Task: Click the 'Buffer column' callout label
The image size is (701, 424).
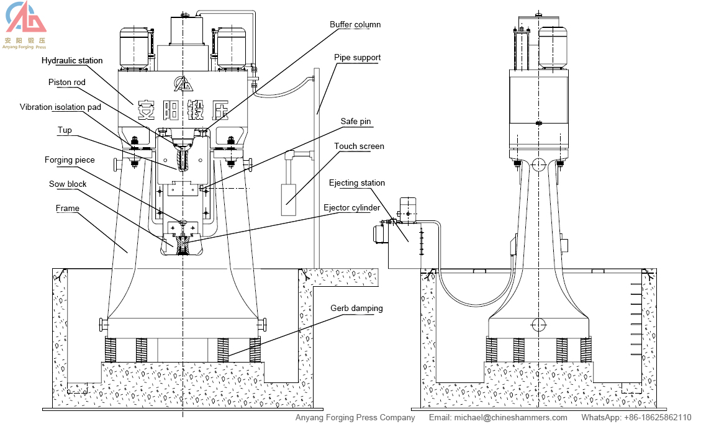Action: click(355, 25)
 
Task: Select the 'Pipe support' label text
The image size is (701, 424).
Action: click(357, 58)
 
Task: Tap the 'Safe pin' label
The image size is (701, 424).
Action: click(356, 122)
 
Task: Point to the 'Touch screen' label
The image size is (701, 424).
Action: click(359, 147)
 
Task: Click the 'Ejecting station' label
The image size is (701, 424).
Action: click(356, 183)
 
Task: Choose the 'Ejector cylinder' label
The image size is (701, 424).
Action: click(352, 207)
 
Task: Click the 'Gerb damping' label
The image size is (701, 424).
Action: click(356, 308)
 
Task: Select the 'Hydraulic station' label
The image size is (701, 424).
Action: click(72, 61)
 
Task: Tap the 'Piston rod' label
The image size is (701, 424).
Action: click(67, 82)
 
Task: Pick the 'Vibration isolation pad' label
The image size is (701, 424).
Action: click(60, 107)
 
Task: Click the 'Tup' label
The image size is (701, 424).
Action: click(65, 130)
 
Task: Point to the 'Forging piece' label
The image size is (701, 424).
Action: click(70, 160)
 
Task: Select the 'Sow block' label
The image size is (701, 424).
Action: click(68, 184)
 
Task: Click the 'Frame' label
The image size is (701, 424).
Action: click(68, 209)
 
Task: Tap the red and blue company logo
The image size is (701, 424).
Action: click(25, 19)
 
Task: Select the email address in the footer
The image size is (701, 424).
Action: click(498, 418)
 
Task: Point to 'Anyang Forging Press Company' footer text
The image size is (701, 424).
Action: click(355, 418)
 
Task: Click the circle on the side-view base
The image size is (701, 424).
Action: click(538, 324)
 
